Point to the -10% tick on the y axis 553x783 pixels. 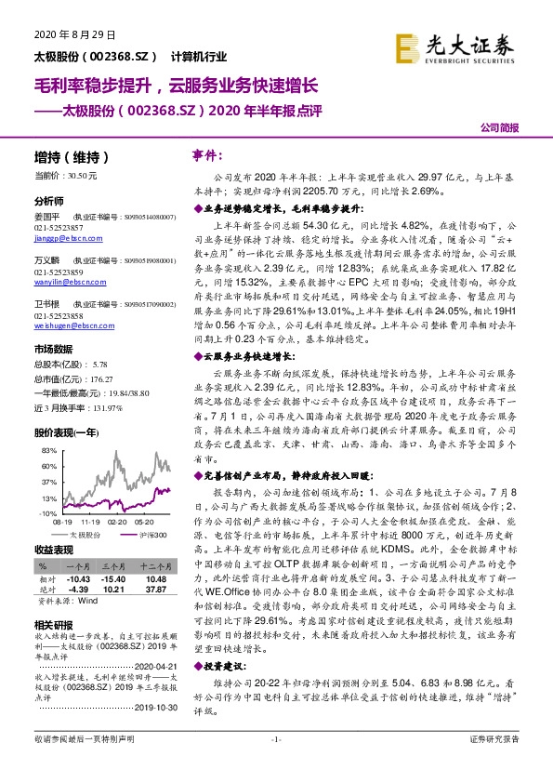tap(48, 512)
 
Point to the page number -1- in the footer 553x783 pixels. tap(276, 764)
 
